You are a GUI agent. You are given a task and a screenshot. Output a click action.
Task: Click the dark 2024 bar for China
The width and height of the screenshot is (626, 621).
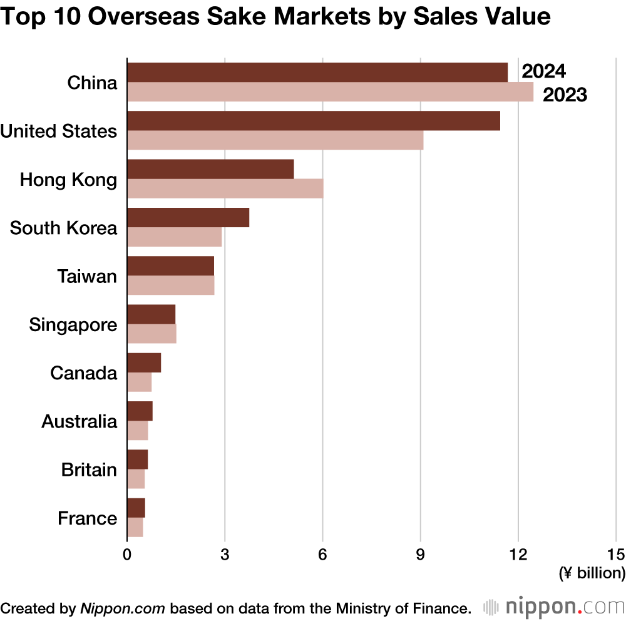click(x=317, y=73)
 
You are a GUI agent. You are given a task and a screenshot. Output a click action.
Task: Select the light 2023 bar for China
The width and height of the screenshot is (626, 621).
click(x=330, y=92)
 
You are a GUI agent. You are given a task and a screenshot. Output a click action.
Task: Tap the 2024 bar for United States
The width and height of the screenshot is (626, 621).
click(x=313, y=121)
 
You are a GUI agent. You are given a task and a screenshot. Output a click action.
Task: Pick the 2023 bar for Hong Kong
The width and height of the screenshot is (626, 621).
click(x=225, y=188)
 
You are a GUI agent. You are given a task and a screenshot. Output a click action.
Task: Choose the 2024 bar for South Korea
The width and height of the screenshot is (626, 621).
click(x=188, y=217)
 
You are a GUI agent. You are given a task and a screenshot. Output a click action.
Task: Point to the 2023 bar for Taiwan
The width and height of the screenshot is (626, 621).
click(x=170, y=285)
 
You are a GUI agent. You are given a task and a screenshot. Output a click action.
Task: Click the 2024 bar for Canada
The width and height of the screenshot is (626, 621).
click(x=144, y=362)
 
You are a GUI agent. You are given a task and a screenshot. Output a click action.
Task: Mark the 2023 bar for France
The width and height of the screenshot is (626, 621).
click(x=135, y=527)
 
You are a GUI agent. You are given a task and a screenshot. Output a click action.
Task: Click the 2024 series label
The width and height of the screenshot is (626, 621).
click(x=543, y=72)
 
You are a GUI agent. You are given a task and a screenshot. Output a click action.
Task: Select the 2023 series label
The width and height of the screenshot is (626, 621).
click(x=565, y=95)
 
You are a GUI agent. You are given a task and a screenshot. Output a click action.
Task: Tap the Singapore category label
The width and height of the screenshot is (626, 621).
click(x=73, y=325)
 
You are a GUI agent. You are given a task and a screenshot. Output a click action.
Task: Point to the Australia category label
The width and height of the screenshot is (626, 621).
click(x=79, y=421)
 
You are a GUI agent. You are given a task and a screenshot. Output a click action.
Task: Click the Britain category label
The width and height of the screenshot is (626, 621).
click(x=89, y=470)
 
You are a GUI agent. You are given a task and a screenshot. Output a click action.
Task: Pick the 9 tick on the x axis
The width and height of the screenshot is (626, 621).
click(x=420, y=553)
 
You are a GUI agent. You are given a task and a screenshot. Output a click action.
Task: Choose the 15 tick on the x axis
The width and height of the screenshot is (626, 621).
click(x=616, y=553)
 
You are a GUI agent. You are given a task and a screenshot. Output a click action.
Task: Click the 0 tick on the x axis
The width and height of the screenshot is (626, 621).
click(x=127, y=553)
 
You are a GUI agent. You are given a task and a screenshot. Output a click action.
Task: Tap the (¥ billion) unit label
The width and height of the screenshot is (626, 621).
click(x=592, y=572)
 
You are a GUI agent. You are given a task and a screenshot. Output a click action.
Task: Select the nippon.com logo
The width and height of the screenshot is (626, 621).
click(x=555, y=607)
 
